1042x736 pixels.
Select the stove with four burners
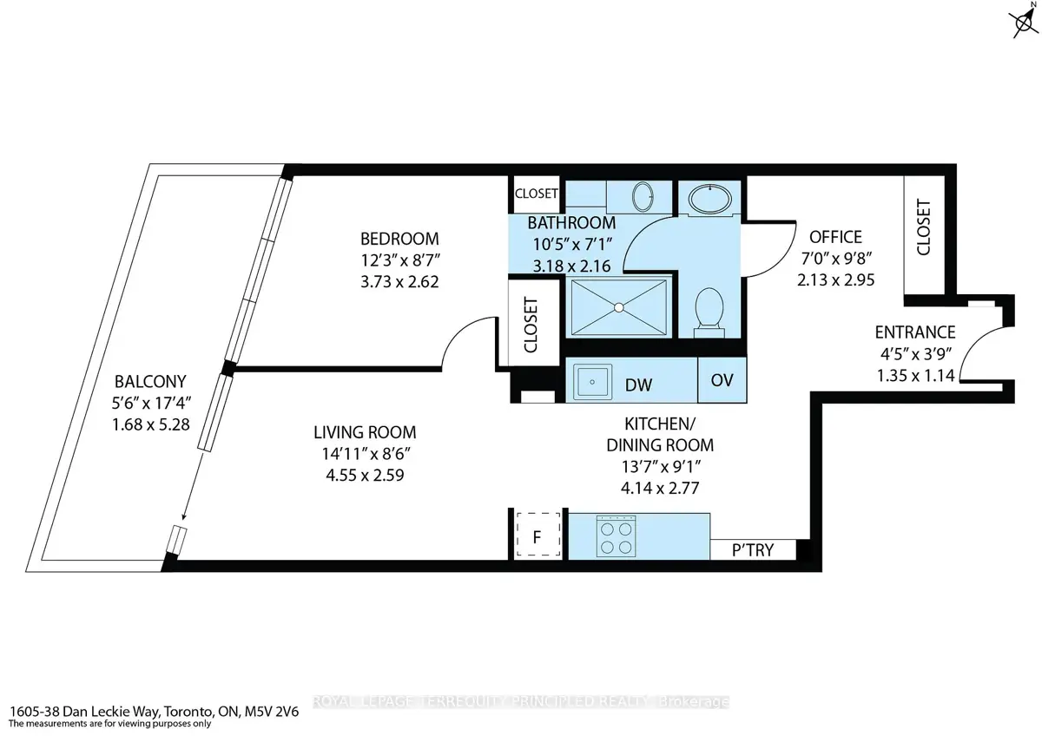click(x=617, y=536)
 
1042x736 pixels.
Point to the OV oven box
click(x=722, y=380)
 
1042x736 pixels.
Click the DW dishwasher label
click(x=638, y=385)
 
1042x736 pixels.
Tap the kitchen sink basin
click(x=592, y=382)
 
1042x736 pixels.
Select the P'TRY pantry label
click(x=753, y=550)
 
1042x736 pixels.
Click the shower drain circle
click(x=618, y=307)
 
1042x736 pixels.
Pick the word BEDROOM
click(x=399, y=239)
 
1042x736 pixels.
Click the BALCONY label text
click(x=150, y=381)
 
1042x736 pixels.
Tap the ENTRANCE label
click(x=915, y=332)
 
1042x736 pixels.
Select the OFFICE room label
click(x=835, y=237)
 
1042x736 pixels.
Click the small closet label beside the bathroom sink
click(x=536, y=193)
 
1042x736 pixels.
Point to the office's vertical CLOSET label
click(x=923, y=227)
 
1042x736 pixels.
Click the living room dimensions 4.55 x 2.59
click(x=365, y=475)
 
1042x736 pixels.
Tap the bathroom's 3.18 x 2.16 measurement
click(x=571, y=266)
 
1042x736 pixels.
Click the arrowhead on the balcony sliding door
click(x=184, y=516)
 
